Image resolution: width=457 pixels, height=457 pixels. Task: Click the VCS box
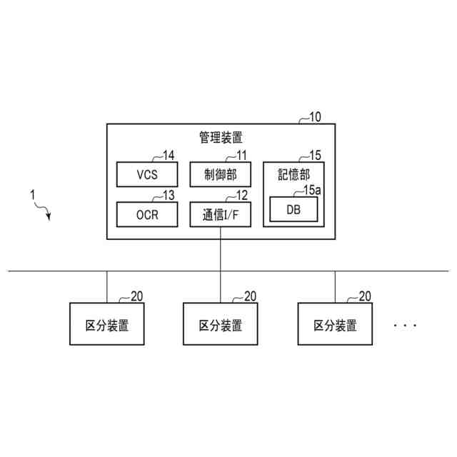(146, 174)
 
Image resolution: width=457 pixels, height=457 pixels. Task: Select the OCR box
(146, 214)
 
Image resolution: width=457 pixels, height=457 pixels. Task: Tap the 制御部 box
(221, 174)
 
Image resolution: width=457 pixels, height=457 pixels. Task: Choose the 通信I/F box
(221, 214)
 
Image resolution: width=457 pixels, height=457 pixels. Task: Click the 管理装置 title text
(221, 136)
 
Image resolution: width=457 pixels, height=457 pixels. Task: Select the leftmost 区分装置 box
(106, 326)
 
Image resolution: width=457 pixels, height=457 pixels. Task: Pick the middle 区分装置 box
(221, 326)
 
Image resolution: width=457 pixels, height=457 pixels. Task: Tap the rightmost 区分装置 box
(335, 326)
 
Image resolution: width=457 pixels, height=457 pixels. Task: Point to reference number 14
(168, 155)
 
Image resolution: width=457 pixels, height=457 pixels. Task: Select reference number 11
(241, 155)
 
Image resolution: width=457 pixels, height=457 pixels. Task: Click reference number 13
(168, 195)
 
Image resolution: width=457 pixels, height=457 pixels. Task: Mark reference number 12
(241, 195)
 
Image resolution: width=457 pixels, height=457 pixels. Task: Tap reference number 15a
(313, 190)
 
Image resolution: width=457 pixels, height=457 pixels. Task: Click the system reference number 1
(31, 194)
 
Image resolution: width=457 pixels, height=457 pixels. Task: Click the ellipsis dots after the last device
(404, 326)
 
